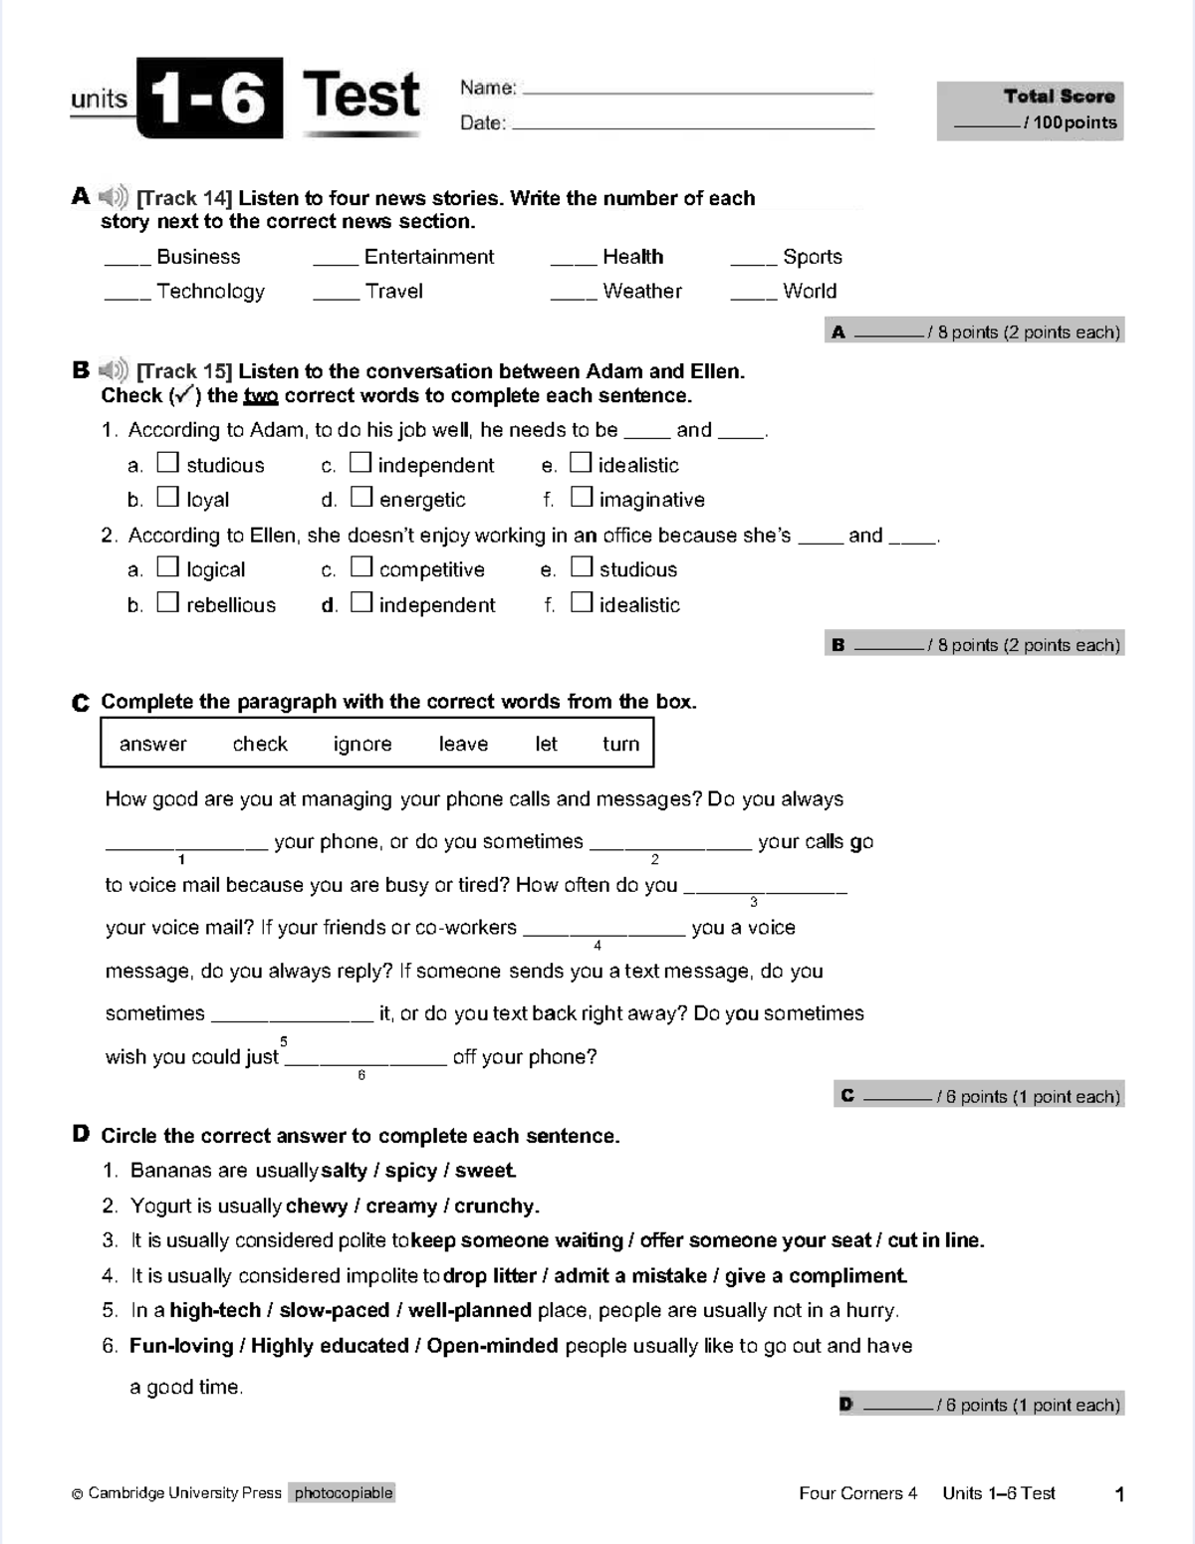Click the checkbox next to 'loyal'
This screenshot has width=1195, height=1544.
click(x=167, y=496)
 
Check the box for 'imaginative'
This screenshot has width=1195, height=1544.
click(x=582, y=496)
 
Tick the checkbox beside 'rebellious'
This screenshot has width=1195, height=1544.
click(x=167, y=601)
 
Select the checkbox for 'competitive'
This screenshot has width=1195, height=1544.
click(x=361, y=566)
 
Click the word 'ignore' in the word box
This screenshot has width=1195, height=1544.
click(x=362, y=744)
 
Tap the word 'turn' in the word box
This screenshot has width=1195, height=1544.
click(x=620, y=744)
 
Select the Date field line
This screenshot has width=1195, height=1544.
click(x=692, y=126)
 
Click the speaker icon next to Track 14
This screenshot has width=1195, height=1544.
click(x=114, y=196)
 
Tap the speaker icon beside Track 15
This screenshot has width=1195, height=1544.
click(x=114, y=370)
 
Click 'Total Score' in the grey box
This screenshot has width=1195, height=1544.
click(x=1059, y=97)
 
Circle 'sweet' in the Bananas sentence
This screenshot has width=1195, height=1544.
click(x=485, y=1171)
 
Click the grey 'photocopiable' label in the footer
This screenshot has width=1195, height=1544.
click(x=344, y=1492)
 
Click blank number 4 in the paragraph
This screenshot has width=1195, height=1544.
click(x=603, y=933)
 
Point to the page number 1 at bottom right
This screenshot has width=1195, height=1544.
click(x=1119, y=1493)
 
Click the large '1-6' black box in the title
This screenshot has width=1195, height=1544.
click(x=209, y=99)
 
